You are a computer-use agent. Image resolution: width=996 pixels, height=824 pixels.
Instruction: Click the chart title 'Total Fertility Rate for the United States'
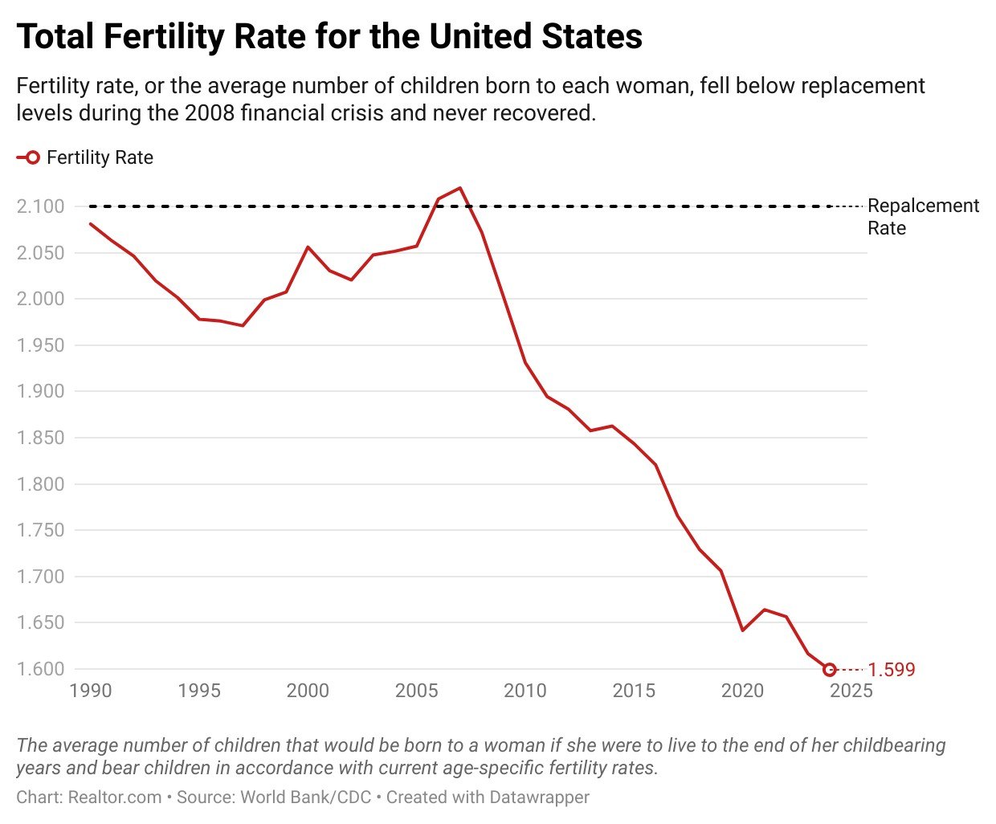pos(329,37)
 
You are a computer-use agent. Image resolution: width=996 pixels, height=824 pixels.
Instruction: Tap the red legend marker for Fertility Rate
pos(30,158)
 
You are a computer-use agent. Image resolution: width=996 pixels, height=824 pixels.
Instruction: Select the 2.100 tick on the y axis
pos(40,206)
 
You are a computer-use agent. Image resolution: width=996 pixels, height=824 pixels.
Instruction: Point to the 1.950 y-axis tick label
pos(40,345)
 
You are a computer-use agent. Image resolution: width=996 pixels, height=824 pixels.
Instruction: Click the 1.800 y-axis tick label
pos(40,484)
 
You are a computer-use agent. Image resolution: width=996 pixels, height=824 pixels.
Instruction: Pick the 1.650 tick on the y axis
pos(40,622)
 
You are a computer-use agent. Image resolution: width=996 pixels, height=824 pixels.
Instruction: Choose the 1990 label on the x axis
pos(90,691)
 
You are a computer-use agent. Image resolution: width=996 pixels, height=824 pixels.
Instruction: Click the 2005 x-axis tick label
pos(416,691)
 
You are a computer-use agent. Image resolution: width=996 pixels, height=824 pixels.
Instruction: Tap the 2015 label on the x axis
pos(633,691)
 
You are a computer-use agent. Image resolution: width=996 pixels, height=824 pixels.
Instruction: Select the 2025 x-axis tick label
pos(851,691)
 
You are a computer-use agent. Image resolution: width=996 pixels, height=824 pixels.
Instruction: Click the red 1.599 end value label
pos(892,670)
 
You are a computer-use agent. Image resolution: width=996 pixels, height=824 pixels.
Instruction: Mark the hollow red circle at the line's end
pos(830,669)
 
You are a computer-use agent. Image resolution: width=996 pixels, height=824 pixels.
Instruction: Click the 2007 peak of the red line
pos(460,188)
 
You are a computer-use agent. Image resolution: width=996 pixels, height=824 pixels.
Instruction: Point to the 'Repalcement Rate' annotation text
pos(923,217)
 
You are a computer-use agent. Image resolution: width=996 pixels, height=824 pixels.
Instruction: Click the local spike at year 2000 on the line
pos(308,247)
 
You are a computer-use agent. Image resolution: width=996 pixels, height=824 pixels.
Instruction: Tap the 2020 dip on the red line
pos(742,630)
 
